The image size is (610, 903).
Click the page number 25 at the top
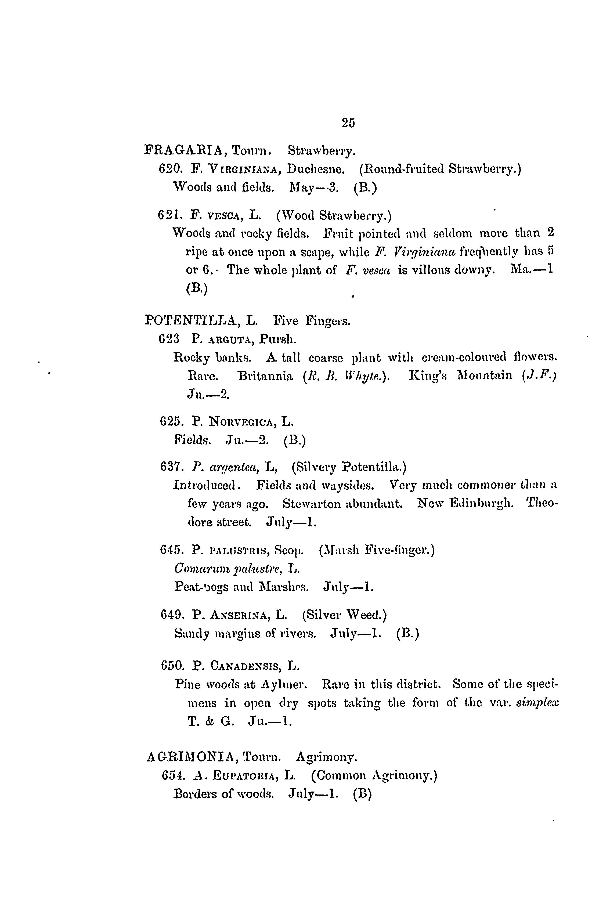[348, 122]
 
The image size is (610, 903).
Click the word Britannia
[266, 376]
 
